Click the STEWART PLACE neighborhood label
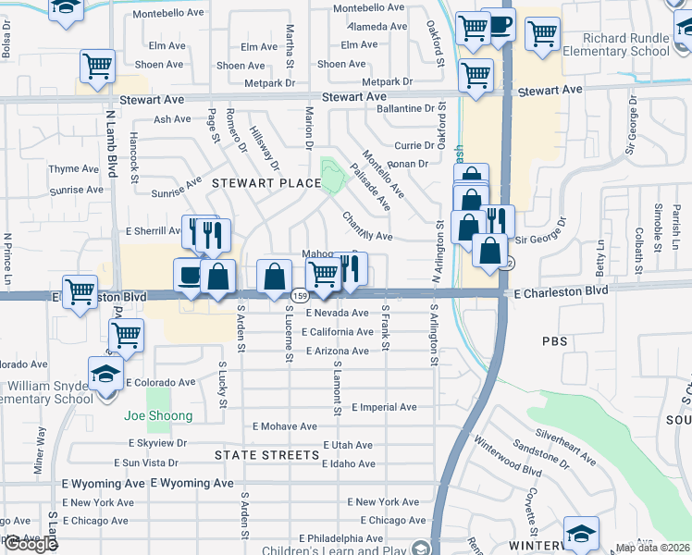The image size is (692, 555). point(266,183)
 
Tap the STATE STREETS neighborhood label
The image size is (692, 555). point(266,455)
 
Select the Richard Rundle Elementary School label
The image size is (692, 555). point(626,45)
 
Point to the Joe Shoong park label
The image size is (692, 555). point(158,416)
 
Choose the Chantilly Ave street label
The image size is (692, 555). point(367,228)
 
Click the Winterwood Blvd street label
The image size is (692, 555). point(506,457)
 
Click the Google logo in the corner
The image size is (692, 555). point(31,544)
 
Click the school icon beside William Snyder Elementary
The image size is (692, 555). point(105,375)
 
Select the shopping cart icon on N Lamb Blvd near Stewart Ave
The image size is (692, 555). point(97,67)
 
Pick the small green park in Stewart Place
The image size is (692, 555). point(330,176)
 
